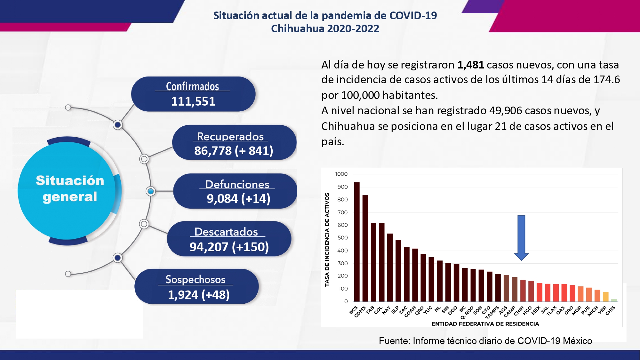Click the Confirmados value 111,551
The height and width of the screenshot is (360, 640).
(193, 101)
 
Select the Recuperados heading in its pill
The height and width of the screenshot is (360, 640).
(230, 136)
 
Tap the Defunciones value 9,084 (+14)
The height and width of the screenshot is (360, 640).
(238, 199)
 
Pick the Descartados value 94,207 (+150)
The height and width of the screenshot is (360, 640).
(229, 247)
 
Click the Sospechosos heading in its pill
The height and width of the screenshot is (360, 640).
(195, 279)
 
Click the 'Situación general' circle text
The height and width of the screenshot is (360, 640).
(70, 189)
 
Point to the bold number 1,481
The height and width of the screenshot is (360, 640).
(470, 65)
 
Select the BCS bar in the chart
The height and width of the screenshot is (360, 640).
(357, 242)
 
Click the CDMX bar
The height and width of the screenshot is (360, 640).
(365, 248)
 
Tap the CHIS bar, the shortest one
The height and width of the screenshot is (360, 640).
(614, 300)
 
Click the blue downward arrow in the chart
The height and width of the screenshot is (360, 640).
(521, 238)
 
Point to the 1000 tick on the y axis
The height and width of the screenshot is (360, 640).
(341, 174)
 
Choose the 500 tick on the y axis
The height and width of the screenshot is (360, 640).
(342, 238)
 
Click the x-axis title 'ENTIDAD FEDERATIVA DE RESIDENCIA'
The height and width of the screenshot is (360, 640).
(485, 324)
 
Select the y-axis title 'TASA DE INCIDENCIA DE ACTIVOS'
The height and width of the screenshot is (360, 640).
(327, 240)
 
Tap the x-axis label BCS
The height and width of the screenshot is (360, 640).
(353, 310)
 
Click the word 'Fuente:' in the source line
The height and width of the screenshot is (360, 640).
(395, 341)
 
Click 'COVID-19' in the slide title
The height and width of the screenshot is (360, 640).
(413, 15)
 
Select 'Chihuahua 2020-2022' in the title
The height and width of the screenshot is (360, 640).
(325, 29)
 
